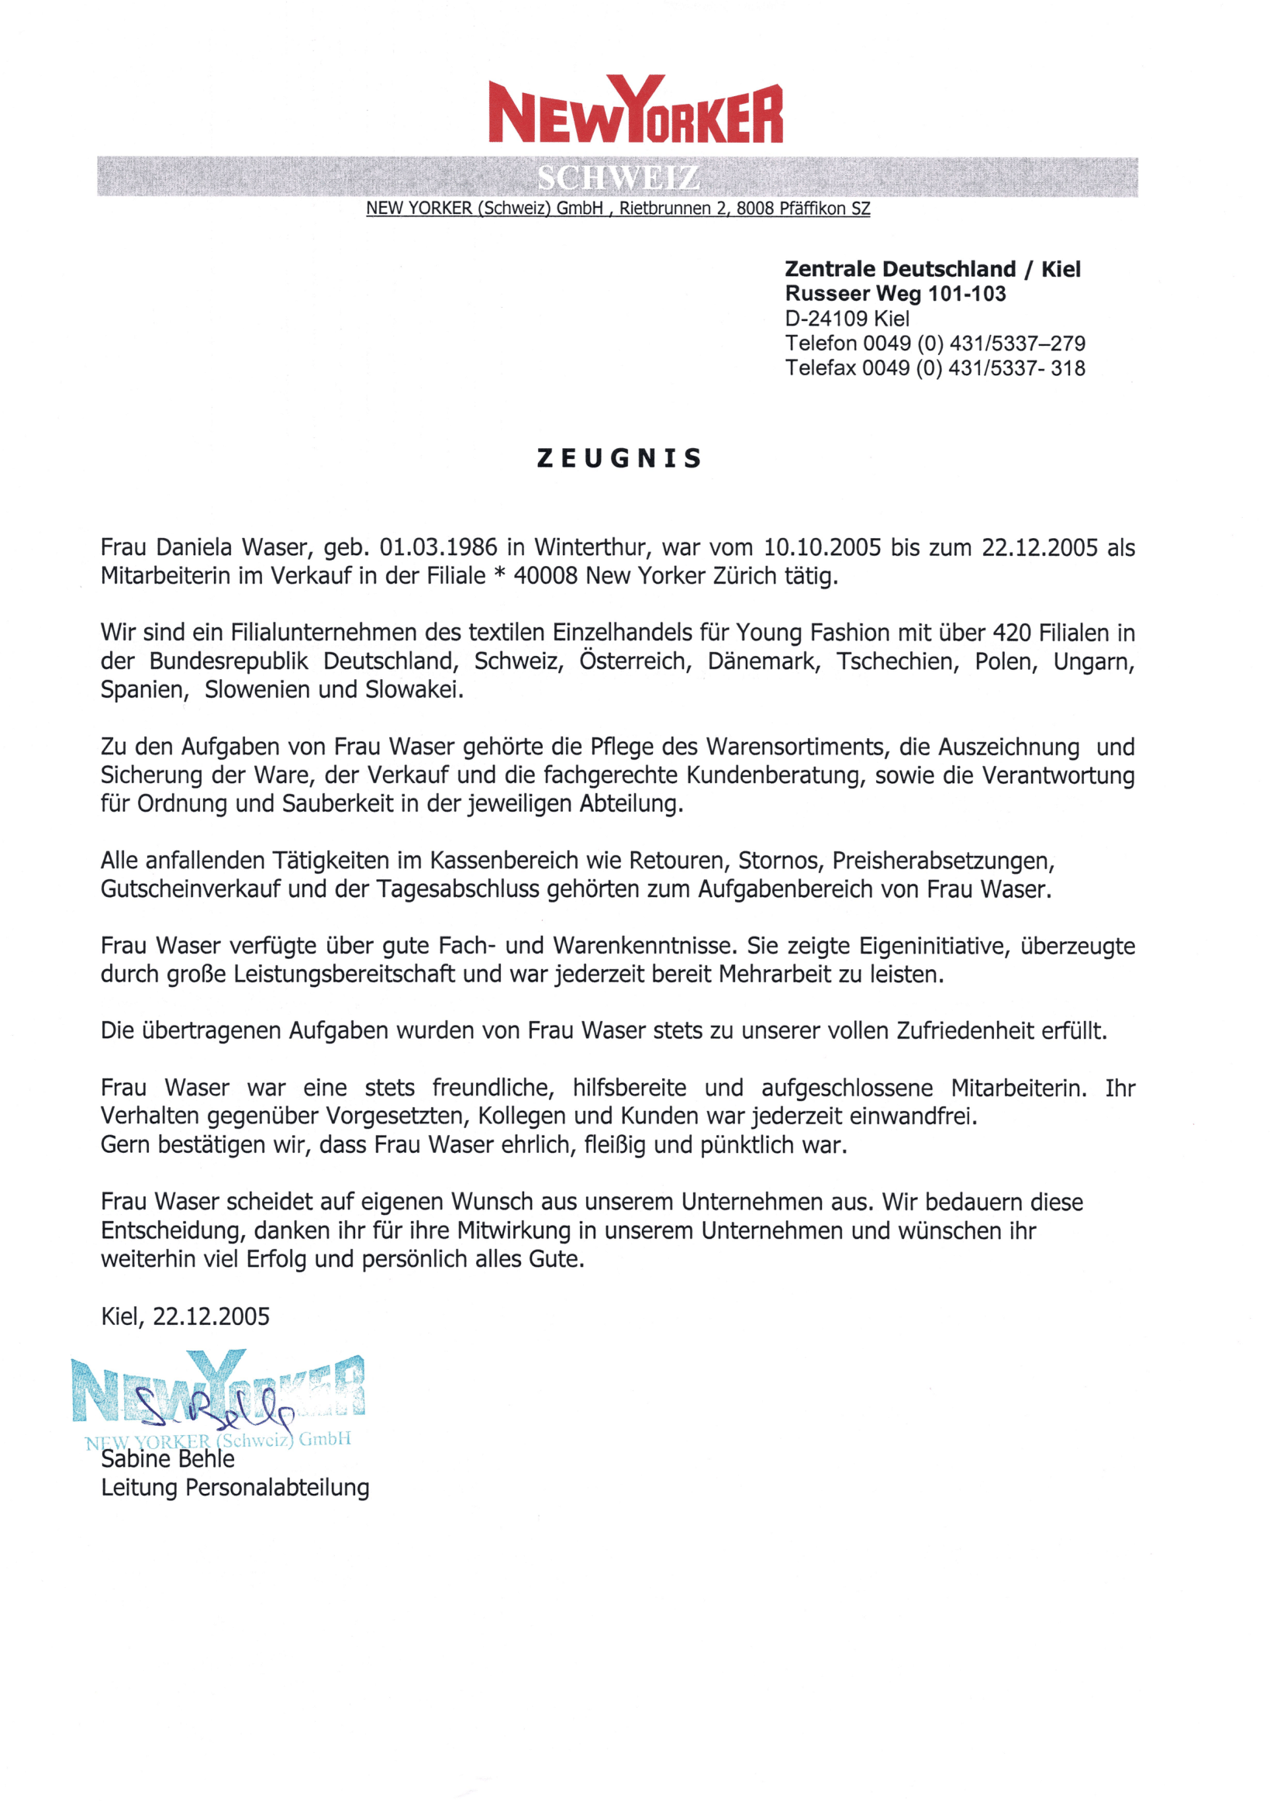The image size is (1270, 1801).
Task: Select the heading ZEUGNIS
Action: pos(619,458)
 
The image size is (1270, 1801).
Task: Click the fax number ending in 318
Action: pos(935,368)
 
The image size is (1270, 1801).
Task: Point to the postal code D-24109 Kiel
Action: pos(847,319)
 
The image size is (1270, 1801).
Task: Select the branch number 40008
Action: pos(545,576)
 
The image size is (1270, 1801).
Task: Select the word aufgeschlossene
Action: pos(847,1088)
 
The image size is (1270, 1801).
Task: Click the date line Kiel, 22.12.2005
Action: pos(185,1316)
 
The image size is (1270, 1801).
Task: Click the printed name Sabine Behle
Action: pos(168,1459)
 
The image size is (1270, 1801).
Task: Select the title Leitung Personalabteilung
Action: pos(235,1487)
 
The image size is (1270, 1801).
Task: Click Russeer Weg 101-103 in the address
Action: pos(895,293)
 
